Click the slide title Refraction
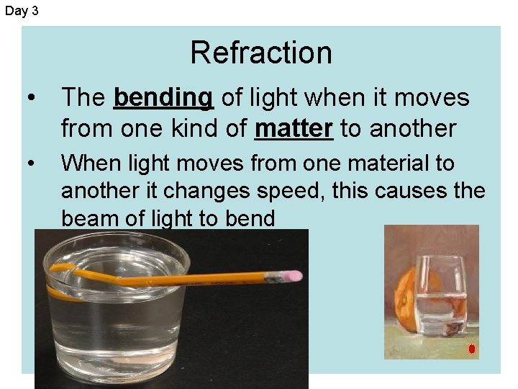[260, 53]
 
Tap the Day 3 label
[22, 11]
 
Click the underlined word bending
[163, 97]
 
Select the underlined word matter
[294, 128]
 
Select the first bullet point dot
[29, 98]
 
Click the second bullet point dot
[29, 164]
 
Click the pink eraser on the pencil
[291, 276]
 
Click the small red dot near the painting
[472, 349]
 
